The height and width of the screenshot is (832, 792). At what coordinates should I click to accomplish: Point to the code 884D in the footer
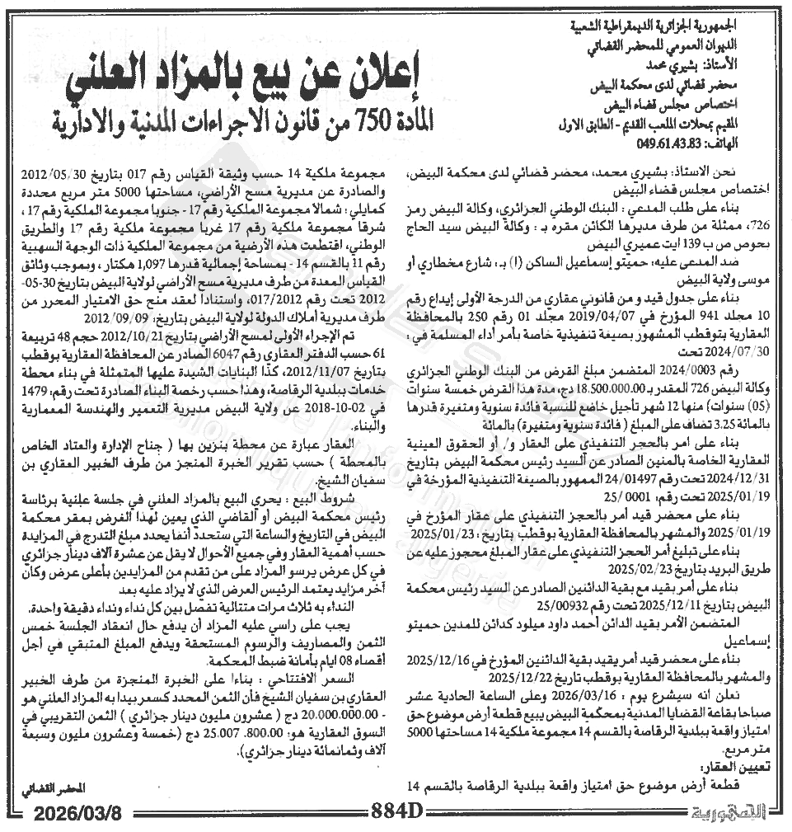(396, 811)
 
